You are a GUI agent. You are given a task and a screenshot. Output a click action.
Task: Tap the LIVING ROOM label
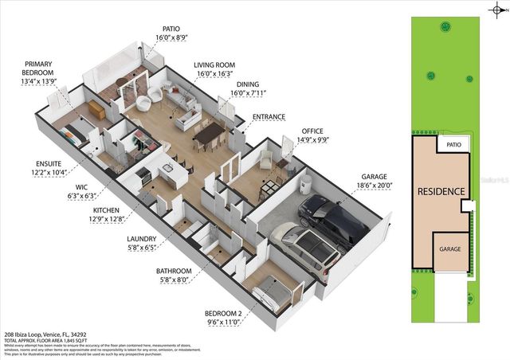click(x=215, y=66)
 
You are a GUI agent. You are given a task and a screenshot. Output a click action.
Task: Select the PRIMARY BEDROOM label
click(x=39, y=68)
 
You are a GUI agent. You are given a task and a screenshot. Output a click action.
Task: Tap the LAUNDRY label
click(x=141, y=237)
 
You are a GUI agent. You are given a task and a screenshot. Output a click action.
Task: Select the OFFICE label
click(x=312, y=131)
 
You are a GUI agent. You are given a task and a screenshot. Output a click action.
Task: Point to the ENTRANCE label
click(x=269, y=117)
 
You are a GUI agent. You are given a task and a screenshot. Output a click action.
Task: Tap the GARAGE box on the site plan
click(x=451, y=248)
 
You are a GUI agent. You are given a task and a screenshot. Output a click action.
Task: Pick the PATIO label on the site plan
click(x=454, y=145)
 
